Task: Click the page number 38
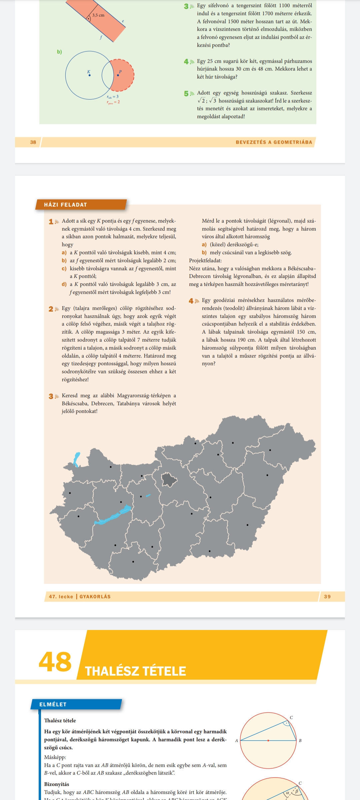(33, 142)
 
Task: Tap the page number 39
(327, 597)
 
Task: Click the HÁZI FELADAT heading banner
(66, 205)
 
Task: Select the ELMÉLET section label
(53, 704)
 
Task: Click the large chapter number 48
(55, 662)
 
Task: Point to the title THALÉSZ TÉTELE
(135, 671)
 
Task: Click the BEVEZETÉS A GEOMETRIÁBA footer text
(274, 142)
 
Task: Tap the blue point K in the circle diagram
(89, 75)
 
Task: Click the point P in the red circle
(118, 75)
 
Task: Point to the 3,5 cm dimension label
(98, 15)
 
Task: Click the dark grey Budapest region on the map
(169, 480)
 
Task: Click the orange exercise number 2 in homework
(51, 309)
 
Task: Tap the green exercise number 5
(186, 94)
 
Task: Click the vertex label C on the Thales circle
(291, 718)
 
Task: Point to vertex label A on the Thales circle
(237, 741)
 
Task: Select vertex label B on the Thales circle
(300, 741)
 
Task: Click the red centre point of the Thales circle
(268, 740)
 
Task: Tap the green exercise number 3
(186, 6)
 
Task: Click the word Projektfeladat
(205, 261)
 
